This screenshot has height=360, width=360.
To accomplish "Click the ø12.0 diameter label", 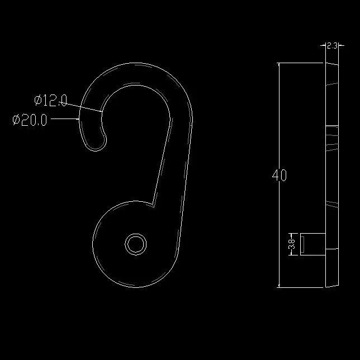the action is [51, 100].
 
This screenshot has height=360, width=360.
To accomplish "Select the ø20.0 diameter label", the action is [30, 120].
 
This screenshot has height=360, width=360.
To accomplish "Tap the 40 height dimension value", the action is [280, 175].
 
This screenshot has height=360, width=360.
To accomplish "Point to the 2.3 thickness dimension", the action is [332, 46].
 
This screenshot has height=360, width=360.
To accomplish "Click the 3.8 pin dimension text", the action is [292, 244].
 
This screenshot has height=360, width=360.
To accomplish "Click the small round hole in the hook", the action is [136, 244].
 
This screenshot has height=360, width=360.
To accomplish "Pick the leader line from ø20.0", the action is [65, 119].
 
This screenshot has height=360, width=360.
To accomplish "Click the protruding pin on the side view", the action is [313, 244].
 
